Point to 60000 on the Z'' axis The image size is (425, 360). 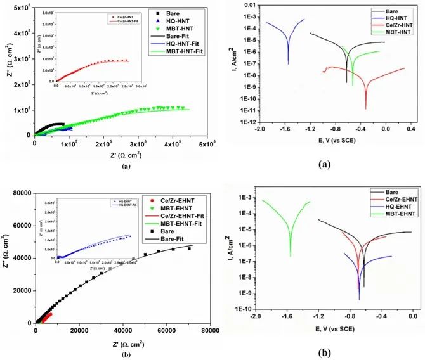[x=23, y=225]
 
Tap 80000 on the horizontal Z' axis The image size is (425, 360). [x=209, y=331]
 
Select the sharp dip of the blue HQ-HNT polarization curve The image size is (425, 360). [x=289, y=63]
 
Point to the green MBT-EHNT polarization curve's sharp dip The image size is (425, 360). [x=291, y=255]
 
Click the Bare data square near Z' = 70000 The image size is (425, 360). [x=188, y=249]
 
